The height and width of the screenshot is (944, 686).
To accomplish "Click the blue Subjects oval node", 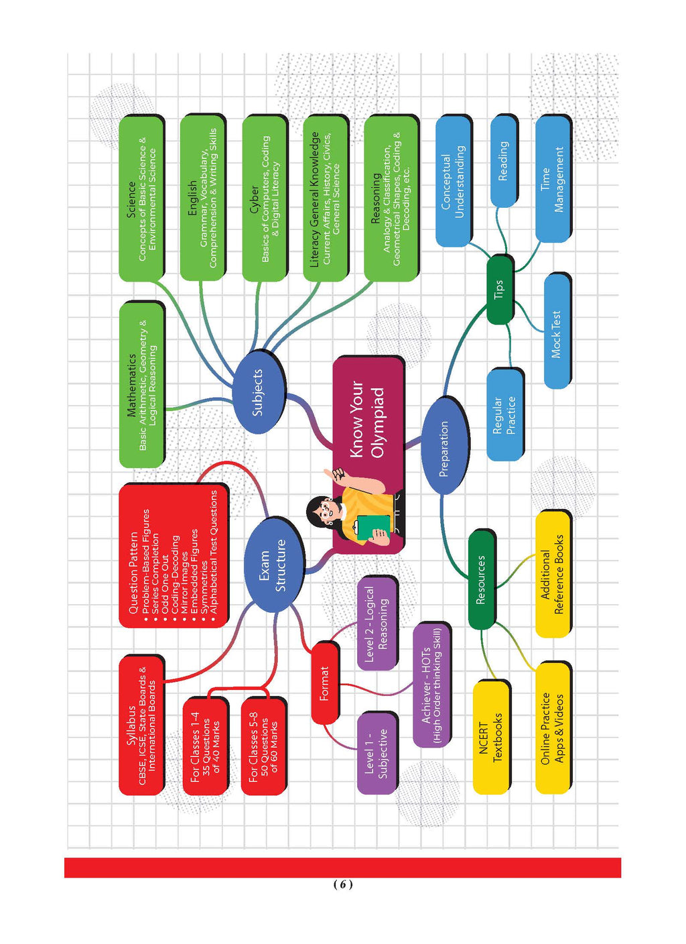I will pyautogui.click(x=258, y=392).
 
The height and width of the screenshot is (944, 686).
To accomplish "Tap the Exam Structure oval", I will pyautogui.click(x=273, y=565).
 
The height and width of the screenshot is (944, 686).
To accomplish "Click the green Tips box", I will pyautogui.click(x=499, y=289).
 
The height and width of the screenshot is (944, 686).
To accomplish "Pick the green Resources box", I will pyautogui.click(x=481, y=579).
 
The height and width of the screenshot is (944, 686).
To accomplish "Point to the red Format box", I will pyautogui.click(x=325, y=683).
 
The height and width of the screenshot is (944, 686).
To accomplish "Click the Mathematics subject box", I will pyautogui.click(x=141, y=384).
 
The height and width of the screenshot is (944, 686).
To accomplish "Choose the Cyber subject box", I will pyautogui.click(x=264, y=198).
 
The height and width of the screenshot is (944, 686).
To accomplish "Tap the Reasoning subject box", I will pyautogui.click(x=391, y=198).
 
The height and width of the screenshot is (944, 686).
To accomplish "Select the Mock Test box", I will pyautogui.click(x=556, y=332).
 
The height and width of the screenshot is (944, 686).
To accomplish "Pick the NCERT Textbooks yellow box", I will pyautogui.click(x=490, y=737).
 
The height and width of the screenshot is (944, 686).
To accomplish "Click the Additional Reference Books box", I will pyautogui.click(x=552, y=575).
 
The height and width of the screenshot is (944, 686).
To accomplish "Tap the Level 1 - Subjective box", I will pyautogui.click(x=376, y=753).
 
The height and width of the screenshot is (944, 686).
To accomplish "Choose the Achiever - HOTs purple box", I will pyautogui.click(x=431, y=685).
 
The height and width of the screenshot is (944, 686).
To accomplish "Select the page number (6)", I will pyautogui.click(x=342, y=884).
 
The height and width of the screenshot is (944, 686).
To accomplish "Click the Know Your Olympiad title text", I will pyautogui.click(x=367, y=419).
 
